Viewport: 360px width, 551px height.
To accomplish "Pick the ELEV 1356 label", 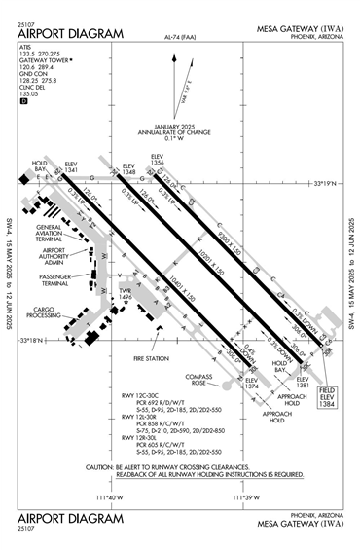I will pyautogui.click(x=158, y=159).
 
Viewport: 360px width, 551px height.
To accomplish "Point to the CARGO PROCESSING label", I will pyautogui.click(x=43, y=312).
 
